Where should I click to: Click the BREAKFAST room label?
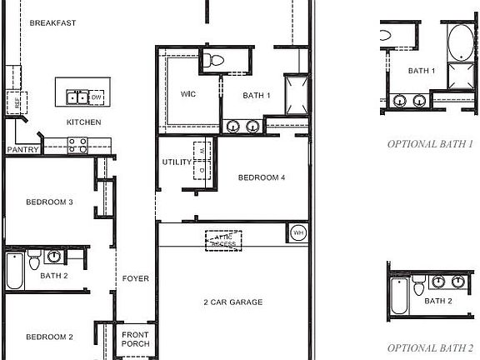(52, 22)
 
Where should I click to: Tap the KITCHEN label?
(84, 122)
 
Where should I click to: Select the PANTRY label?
(22, 150)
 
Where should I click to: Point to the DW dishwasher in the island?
(97, 97)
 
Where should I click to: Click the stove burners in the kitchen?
(77, 142)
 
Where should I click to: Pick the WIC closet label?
(187, 95)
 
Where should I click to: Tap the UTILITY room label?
(177, 162)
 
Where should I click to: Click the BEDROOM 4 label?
(262, 177)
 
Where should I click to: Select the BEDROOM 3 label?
(49, 202)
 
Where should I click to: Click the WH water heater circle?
(298, 232)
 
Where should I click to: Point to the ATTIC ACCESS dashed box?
(223, 239)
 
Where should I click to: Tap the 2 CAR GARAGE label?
(232, 302)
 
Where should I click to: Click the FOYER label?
(135, 278)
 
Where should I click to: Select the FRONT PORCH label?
(135, 338)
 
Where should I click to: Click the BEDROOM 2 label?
(49, 337)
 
